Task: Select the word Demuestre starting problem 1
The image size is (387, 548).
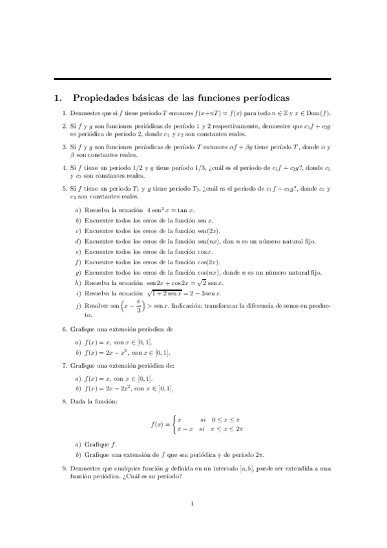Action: point(84,114)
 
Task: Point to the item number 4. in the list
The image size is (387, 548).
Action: point(65,168)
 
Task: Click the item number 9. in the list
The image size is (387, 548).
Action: point(65,467)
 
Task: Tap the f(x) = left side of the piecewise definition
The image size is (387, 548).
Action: point(157,425)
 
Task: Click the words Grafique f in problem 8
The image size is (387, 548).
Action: point(100,445)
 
